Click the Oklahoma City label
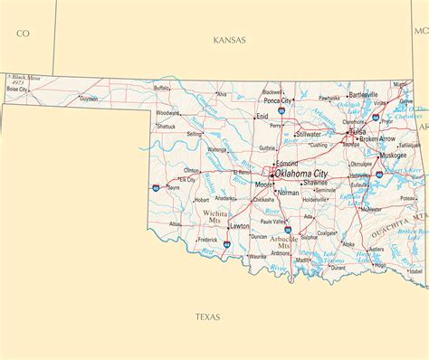(301, 172)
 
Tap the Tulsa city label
(358, 131)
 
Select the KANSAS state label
(230, 40)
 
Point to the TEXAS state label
(207, 317)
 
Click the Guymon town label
(89, 99)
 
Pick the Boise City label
(17, 90)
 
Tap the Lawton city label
(240, 225)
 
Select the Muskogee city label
(393, 155)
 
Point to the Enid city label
(262, 116)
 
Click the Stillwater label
(309, 134)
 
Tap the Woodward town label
(167, 113)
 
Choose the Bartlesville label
(363, 94)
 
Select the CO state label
(24, 33)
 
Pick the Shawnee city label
(315, 183)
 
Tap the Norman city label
(289, 193)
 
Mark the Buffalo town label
(162, 88)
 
